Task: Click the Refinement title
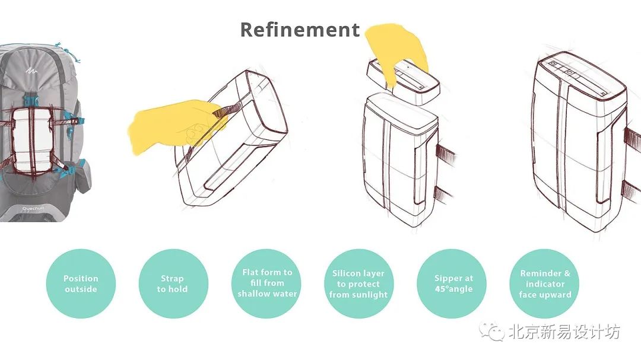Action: point(300,30)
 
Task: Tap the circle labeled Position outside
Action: point(81,283)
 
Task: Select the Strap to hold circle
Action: point(173,283)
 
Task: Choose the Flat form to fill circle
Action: point(266,283)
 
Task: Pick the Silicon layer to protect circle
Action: point(358,283)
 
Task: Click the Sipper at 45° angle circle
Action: point(452,283)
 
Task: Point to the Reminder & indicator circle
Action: point(544,283)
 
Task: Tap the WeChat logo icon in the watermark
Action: point(492,331)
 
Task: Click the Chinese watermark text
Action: point(564,332)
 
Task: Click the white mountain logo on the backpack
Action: point(31,71)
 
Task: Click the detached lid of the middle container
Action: point(403,81)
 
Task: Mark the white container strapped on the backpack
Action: point(32,140)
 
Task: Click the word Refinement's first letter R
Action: point(247,30)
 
